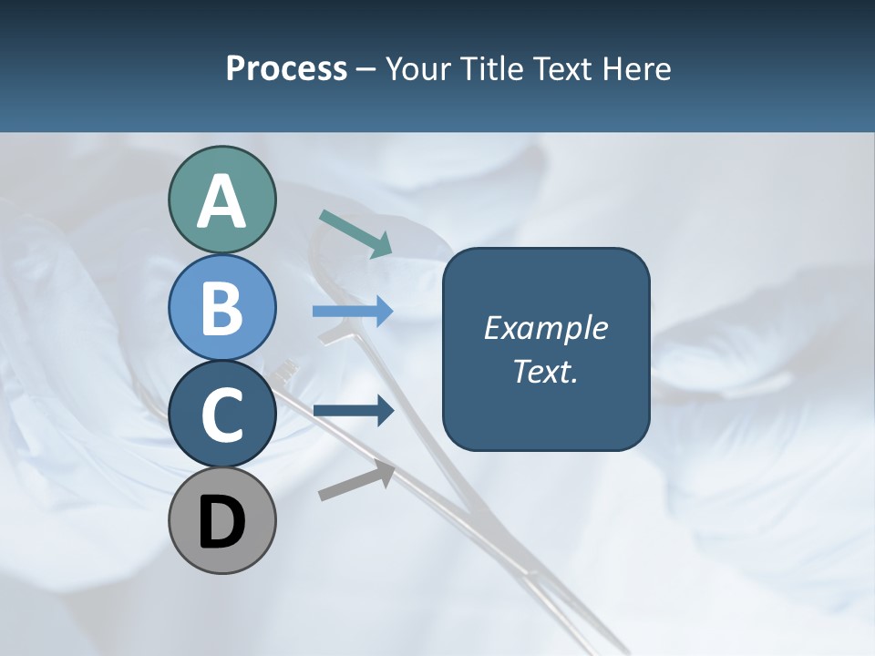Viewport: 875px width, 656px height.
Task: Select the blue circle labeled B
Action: [221, 308]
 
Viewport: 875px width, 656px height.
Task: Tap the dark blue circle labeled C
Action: [221, 415]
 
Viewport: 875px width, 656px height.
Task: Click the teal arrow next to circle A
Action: [355, 232]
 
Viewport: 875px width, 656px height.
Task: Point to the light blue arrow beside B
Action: [353, 312]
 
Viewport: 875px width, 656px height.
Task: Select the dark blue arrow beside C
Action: [354, 411]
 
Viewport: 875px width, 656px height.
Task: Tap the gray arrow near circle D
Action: [356, 481]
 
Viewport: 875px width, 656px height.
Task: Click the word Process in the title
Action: [286, 69]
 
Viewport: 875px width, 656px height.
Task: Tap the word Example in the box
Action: [545, 328]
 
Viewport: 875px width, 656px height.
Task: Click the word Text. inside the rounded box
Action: [545, 371]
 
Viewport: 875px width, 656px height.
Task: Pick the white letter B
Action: [221, 308]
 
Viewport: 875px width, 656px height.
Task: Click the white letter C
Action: [221, 415]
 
